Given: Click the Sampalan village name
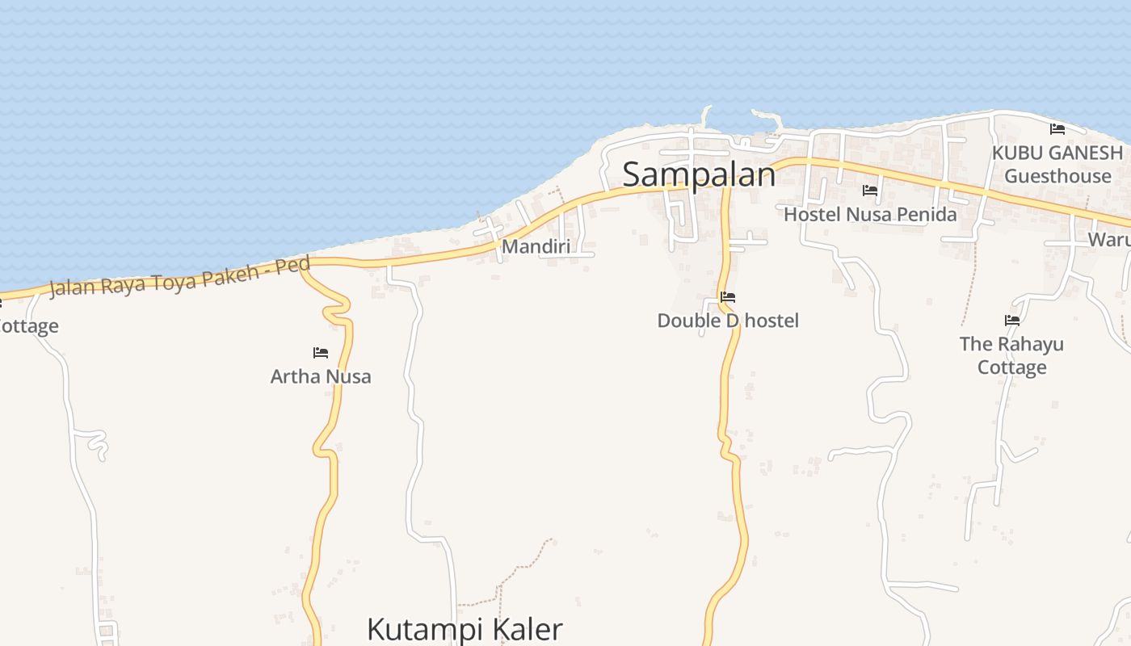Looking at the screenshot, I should pyautogui.click(x=699, y=174).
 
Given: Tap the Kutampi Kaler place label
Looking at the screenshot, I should pyautogui.click(x=465, y=628).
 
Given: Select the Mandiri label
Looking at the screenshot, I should pyautogui.click(x=536, y=246).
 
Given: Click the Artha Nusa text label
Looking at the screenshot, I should pyautogui.click(x=321, y=376).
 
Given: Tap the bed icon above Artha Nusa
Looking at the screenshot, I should pyautogui.click(x=321, y=353).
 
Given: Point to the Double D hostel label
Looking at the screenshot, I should pyautogui.click(x=727, y=321).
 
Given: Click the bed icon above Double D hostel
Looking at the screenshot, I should pyautogui.click(x=728, y=297).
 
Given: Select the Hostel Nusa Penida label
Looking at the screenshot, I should pyautogui.click(x=870, y=214).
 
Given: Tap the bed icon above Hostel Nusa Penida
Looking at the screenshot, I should pyautogui.click(x=870, y=191).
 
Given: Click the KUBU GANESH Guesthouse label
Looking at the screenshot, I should pyautogui.click(x=1057, y=164).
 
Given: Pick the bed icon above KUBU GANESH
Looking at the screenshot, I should pyautogui.click(x=1057, y=129).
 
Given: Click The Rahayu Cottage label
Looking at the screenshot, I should pyautogui.click(x=1011, y=355).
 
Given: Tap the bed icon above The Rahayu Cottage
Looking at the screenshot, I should pyautogui.click(x=1012, y=321).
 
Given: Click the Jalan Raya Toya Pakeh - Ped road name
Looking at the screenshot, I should pyautogui.click(x=179, y=277).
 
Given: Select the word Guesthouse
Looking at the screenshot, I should pyautogui.click(x=1057, y=176).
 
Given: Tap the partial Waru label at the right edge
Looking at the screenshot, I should pyautogui.click(x=1108, y=240).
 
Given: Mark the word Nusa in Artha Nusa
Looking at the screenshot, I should pyautogui.click(x=349, y=376).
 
